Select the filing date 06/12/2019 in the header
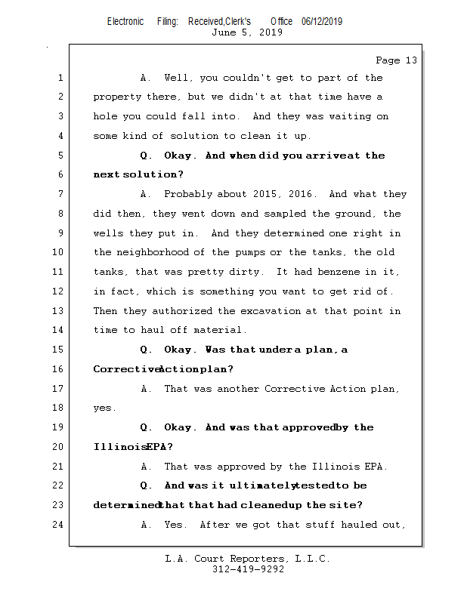pyautogui.click(x=321, y=22)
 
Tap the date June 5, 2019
pyautogui.click(x=247, y=32)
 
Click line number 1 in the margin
pyautogui.click(x=60, y=78)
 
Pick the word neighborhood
pyautogui.click(x=162, y=253)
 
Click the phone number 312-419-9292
pyautogui.click(x=247, y=569)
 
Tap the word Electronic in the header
pyautogui.click(x=125, y=22)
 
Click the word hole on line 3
pyautogui.click(x=106, y=117)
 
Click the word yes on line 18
pyautogui.click(x=103, y=408)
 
